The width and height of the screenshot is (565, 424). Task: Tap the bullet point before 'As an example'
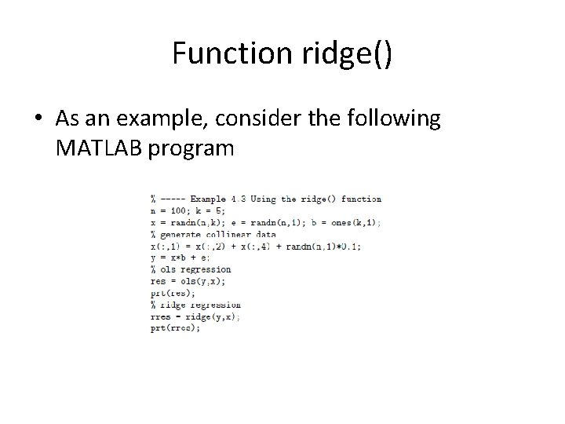point(38,119)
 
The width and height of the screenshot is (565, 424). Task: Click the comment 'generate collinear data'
point(218,234)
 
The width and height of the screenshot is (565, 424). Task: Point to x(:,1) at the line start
point(166,246)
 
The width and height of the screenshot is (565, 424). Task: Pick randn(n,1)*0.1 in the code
point(323,246)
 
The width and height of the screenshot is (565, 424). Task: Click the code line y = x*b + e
point(180,258)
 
